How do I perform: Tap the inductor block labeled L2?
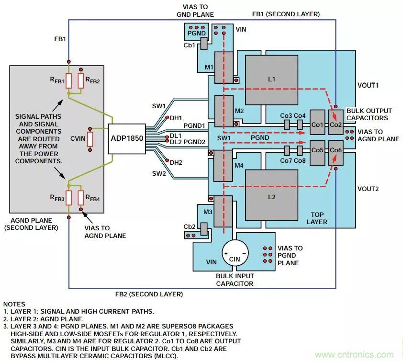(271, 197)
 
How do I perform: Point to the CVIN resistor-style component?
(90, 139)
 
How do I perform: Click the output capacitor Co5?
(317, 150)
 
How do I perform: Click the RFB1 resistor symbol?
(69, 81)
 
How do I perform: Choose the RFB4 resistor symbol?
(81, 197)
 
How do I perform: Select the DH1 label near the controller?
(176, 117)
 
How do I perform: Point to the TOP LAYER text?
(317, 218)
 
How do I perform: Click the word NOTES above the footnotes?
(14, 304)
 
